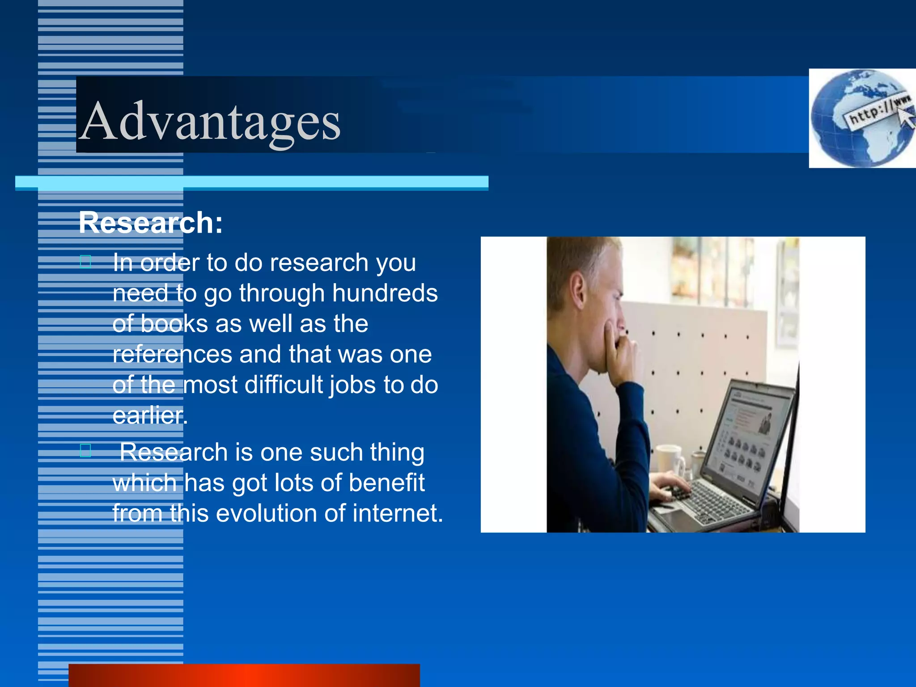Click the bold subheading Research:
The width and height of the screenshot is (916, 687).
click(x=151, y=223)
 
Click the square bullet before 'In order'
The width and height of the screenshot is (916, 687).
click(x=85, y=261)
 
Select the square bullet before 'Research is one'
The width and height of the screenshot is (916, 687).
click(x=85, y=450)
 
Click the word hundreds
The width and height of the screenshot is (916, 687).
click(x=385, y=293)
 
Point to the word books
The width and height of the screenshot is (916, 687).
click(x=174, y=324)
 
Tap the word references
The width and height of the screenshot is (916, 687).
click(x=172, y=354)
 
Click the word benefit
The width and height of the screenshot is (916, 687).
click(x=386, y=483)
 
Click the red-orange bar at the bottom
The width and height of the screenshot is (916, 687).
click(x=244, y=675)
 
